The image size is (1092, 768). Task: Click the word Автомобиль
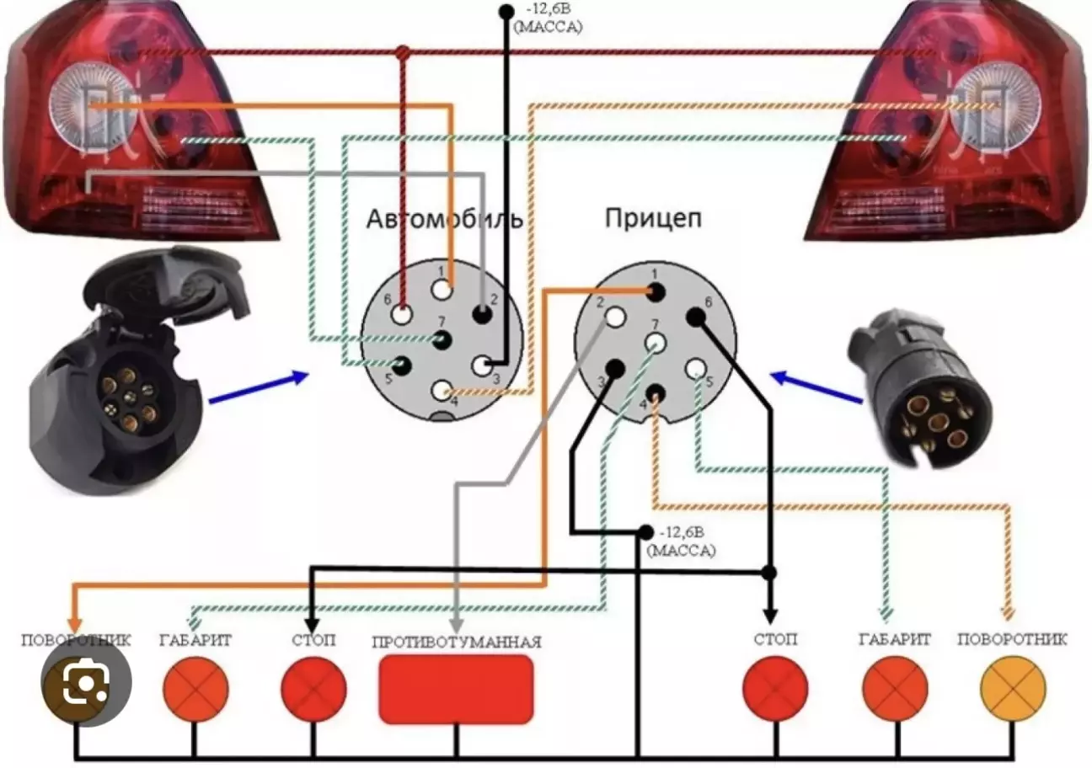(x=444, y=220)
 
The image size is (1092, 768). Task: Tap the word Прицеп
(x=654, y=219)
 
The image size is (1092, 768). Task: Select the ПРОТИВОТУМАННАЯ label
(x=456, y=642)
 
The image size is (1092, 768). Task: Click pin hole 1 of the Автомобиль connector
(x=442, y=289)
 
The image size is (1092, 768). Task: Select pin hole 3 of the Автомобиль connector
(x=483, y=365)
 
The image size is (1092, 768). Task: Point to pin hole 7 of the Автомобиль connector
(x=442, y=340)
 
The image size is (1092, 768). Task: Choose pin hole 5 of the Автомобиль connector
(x=402, y=365)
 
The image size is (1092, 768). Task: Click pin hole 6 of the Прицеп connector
(x=695, y=317)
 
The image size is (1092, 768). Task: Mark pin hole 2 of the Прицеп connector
(x=615, y=317)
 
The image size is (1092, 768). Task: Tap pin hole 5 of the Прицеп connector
(x=695, y=368)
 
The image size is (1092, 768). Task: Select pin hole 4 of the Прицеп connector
(x=656, y=392)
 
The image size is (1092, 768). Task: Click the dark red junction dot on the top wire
(x=403, y=53)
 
